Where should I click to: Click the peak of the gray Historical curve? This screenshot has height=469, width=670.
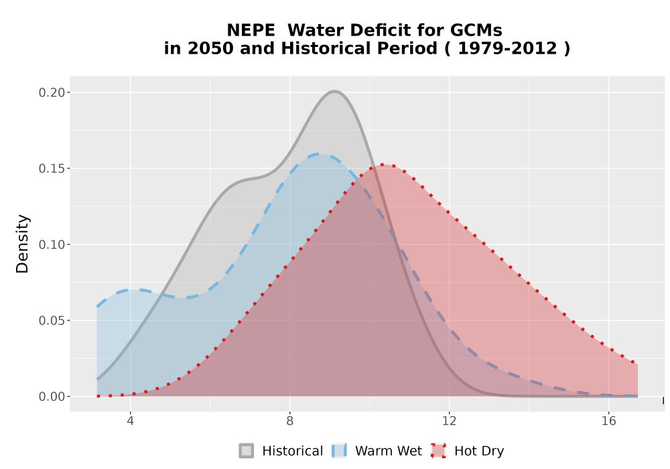pos(334,91)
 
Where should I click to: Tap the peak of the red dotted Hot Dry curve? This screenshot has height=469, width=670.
pos(384,164)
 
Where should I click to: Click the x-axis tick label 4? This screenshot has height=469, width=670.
pos(131,421)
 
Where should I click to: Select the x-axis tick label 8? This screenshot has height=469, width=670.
pos(289,421)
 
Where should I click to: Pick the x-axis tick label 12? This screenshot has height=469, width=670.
pos(449,421)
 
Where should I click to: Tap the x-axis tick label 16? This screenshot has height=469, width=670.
pos(609,421)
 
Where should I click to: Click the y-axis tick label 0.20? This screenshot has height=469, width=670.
pos(52,92)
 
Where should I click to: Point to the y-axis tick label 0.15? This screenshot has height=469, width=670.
pos(52,169)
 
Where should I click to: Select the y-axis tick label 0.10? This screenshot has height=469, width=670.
pos(52,245)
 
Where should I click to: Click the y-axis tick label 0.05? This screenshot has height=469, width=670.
pos(52,321)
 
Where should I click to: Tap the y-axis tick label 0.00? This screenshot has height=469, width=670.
pos(52,397)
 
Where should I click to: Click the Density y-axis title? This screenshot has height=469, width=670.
pos(22,244)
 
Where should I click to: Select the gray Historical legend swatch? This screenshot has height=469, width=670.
pos(246,451)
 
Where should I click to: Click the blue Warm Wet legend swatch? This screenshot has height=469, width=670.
pos(339,451)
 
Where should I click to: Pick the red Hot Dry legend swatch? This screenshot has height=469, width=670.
pos(438,451)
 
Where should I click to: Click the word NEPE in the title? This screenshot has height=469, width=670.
pos(251,30)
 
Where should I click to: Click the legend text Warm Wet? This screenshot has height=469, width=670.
pos(389,451)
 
